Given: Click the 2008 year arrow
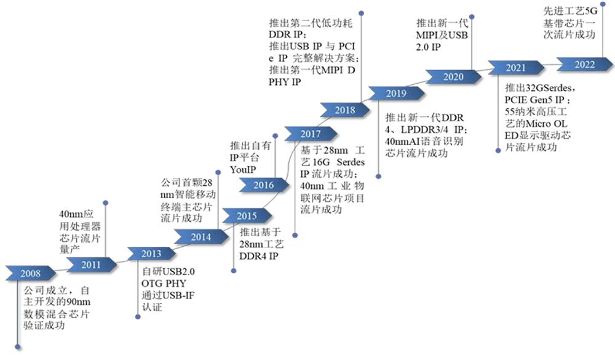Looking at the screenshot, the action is coord(31,273).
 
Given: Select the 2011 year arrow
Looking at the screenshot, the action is coord(92,265).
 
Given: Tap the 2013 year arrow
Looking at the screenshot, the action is coord(151,254).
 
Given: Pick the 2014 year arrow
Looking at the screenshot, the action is coord(201,237).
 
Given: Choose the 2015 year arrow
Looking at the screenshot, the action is coord(247,216).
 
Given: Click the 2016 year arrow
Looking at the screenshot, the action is coord(264,185).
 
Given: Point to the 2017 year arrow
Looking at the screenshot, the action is coord(311,134).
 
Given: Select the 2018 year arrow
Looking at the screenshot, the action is coord(345,110).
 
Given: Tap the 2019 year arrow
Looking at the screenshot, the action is coord(396,94).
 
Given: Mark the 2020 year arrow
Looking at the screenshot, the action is coord(453,77).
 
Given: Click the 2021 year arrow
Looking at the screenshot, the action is coord(516,68).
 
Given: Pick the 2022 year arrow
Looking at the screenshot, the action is coord(585,65).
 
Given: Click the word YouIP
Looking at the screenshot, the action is coord(243,170).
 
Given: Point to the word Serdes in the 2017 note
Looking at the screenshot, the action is coord(351,162).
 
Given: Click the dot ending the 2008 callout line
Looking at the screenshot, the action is coord(18,347).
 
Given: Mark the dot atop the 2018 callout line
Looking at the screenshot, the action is coord(361,14).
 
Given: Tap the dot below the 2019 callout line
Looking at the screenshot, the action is coord(378,177).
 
